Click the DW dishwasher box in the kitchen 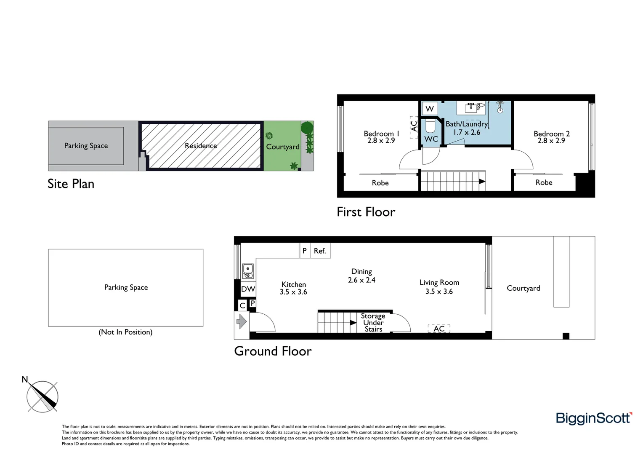(x=248, y=289)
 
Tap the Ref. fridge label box (x=320, y=251)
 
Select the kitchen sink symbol (x=248, y=271)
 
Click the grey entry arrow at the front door (x=242, y=321)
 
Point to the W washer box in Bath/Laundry (x=430, y=109)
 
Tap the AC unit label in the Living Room (x=439, y=329)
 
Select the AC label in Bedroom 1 (x=414, y=126)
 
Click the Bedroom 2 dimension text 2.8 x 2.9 (x=551, y=141)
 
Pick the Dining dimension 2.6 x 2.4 (x=361, y=280)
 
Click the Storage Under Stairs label (x=373, y=322)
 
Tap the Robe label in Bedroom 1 (x=380, y=183)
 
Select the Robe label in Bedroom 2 (x=544, y=182)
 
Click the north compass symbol (x=42, y=396)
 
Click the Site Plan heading (x=71, y=184)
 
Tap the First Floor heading (x=366, y=212)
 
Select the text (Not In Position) (x=125, y=332)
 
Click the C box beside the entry (x=242, y=306)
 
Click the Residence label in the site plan (x=201, y=146)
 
